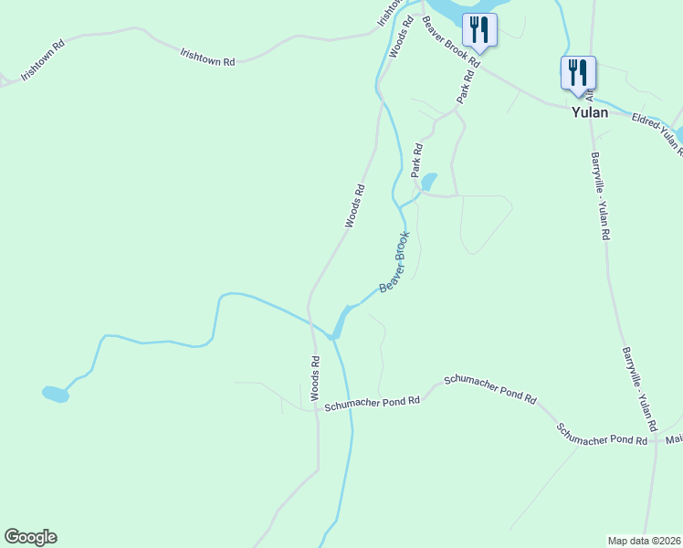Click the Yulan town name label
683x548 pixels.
(589, 113)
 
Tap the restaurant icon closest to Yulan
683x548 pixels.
(578, 72)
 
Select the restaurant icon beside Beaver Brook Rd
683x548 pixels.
(479, 29)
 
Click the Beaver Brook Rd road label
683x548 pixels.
(450, 54)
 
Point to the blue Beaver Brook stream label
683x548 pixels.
(394, 261)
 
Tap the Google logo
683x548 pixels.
(30, 537)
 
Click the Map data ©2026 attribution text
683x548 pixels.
(645, 541)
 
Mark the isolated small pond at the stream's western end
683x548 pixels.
(56, 395)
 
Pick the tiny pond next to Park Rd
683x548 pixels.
(428, 181)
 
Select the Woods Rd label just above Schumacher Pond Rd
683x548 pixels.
(314, 378)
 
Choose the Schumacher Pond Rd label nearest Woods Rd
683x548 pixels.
(372, 402)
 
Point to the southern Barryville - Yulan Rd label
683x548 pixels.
(639, 388)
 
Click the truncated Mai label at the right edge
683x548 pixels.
(674, 440)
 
